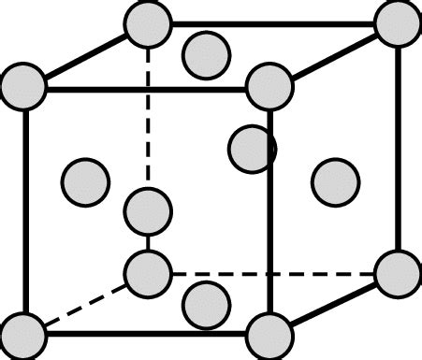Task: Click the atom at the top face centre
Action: click(207, 54)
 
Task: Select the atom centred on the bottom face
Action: click(207, 303)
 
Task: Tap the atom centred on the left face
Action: click(84, 180)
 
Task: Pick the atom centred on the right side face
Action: click(335, 181)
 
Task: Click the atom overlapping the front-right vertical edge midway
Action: click(253, 149)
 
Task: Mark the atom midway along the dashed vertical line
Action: click(148, 211)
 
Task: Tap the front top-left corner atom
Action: click(23, 87)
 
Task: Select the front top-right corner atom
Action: click(269, 87)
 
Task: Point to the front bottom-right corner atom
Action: click(269, 335)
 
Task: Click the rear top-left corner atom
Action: click(148, 22)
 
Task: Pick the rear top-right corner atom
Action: click(399, 22)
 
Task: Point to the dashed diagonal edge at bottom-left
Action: click(84, 305)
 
